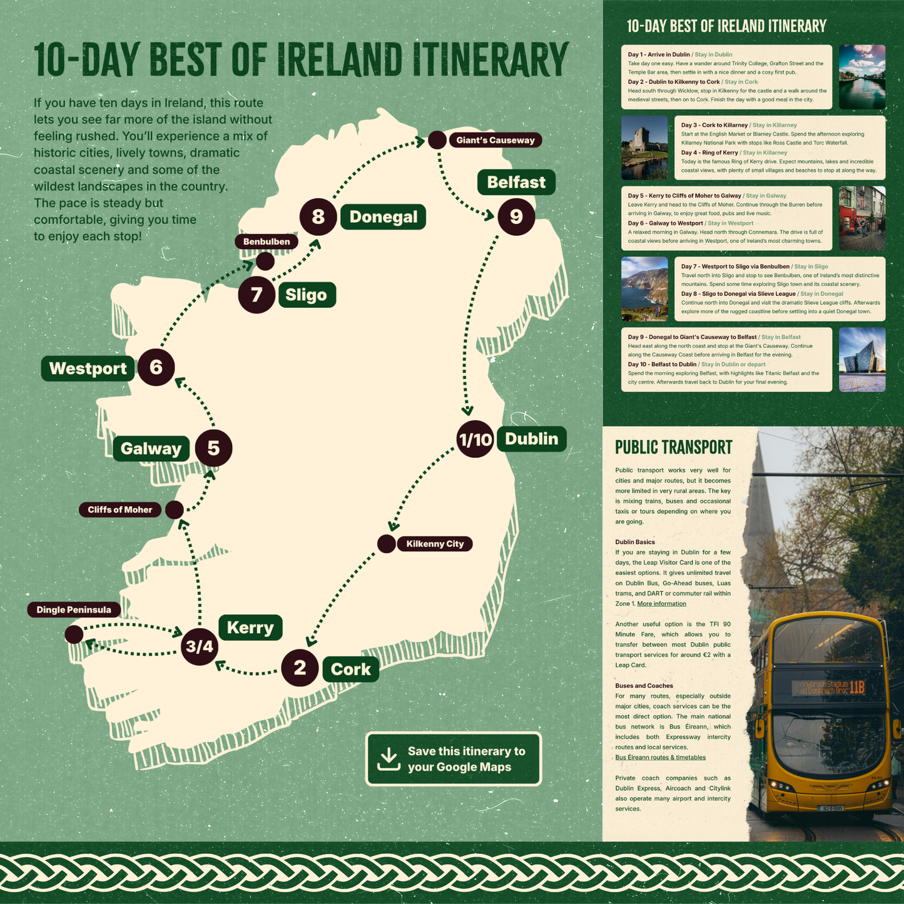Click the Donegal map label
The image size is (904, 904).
coord(383,217)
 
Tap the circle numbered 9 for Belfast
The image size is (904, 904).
coord(516,216)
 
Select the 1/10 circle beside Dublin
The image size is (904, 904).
coord(475,439)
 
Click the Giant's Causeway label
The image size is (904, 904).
coord(495,140)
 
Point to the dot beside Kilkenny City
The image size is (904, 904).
coord(387,544)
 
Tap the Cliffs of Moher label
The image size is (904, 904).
coord(119,510)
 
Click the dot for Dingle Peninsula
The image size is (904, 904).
coord(74,634)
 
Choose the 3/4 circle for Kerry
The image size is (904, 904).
coord(200,647)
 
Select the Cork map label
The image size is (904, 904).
coord(350,669)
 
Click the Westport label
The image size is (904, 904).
coord(88,368)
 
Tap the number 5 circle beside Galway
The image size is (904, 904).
coord(213,448)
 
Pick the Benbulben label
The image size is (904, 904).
coord(267,241)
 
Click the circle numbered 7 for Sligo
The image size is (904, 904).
coord(256,295)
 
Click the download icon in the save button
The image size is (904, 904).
coord(389,759)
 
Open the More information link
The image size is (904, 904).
coord(661,604)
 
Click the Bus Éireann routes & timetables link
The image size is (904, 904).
coord(660,758)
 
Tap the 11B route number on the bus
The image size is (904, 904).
coord(857,687)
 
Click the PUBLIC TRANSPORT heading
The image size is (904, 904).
coord(673,447)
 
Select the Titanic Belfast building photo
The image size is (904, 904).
coord(861,360)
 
